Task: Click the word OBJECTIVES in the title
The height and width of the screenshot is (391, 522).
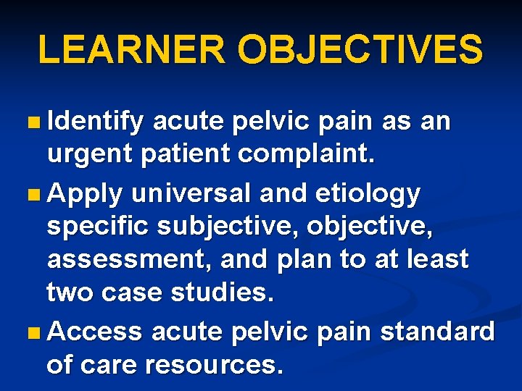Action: (x=360, y=50)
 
